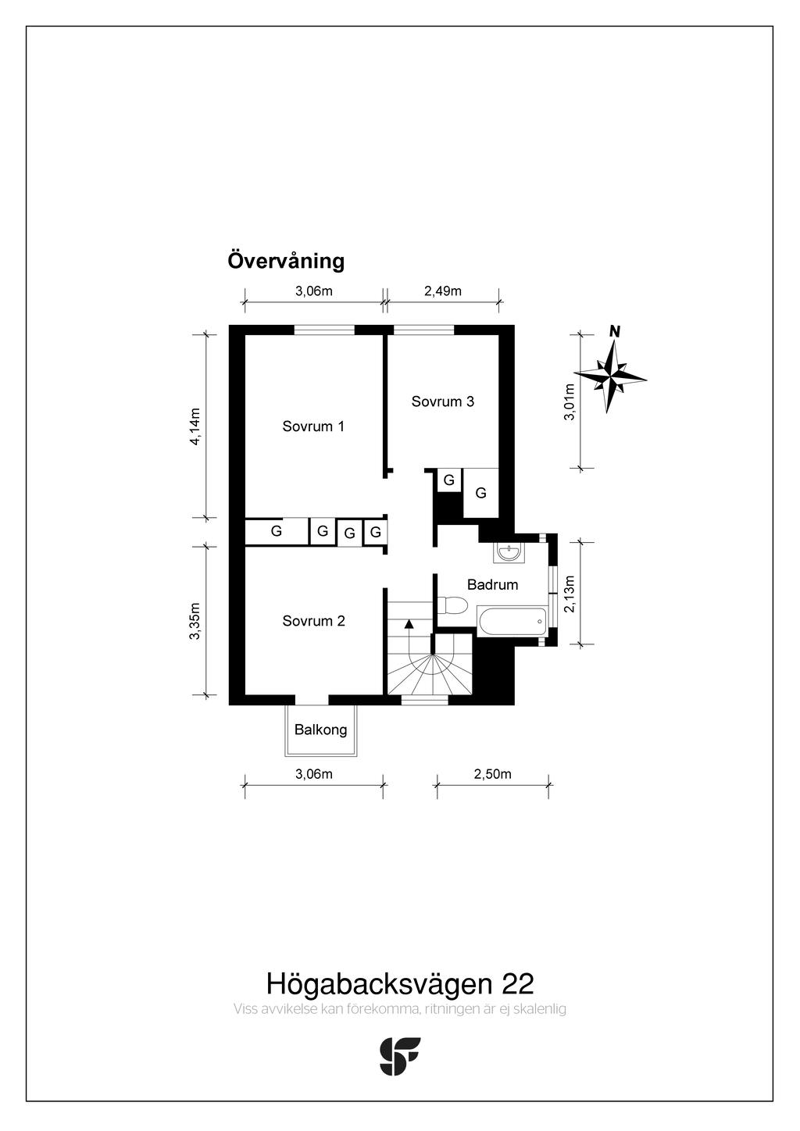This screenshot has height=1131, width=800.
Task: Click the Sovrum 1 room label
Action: tap(313, 426)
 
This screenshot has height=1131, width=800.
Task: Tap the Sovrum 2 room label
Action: tap(313, 621)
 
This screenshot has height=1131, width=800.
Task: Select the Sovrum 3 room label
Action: tap(442, 401)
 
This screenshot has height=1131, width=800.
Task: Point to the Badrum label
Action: tap(492, 585)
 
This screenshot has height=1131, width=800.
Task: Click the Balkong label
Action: tap(321, 730)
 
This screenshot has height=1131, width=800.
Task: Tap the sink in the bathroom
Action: tap(509, 552)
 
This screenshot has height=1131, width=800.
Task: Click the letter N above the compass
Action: tap(615, 331)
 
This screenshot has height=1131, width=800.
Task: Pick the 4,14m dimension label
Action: tap(195, 426)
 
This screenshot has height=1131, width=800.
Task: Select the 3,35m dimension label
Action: tap(195, 620)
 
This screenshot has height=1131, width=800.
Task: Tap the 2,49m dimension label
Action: tap(443, 291)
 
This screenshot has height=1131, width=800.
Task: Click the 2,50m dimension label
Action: tap(492, 774)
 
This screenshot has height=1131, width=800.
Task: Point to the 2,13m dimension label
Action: tap(570, 594)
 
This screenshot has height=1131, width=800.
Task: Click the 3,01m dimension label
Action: tap(570, 402)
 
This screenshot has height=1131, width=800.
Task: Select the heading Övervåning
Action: tap(286, 261)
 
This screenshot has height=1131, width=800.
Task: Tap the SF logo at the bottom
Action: tap(400, 1056)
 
